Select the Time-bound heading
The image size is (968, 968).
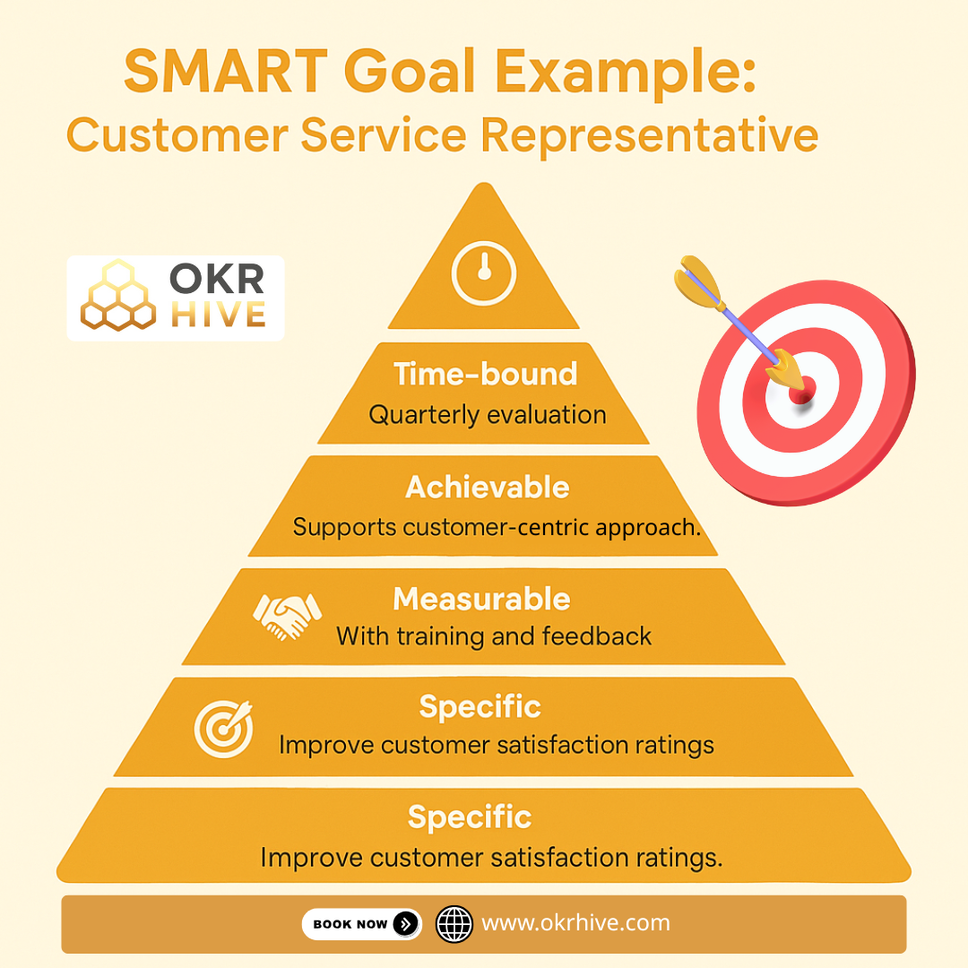pyautogui.click(x=486, y=375)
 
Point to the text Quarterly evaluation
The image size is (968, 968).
pyautogui.click(x=488, y=415)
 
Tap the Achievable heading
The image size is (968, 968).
pyautogui.click(x=487, y=488)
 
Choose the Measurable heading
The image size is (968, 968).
pyautogui.click(x=481, y=598)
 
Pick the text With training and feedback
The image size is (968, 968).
pyautogui.click(x=494, y=636)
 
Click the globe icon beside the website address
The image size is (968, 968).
pyautogui.click(x=454, y=923)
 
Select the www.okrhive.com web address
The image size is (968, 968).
pyautogui.click(x=575, y=923)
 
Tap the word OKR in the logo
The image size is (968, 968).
pyautogui.click(x=218, y=279)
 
